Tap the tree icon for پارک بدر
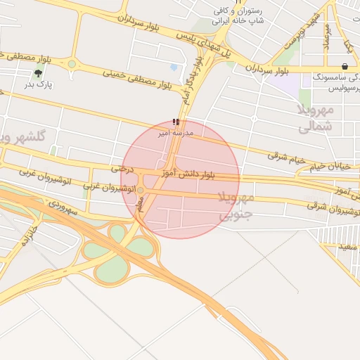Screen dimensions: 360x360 [38, 73]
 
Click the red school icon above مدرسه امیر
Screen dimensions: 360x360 [176, 122]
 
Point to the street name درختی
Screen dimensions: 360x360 [122, 169]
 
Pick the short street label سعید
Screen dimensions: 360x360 [348, 246]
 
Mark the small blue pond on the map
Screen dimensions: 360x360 [174, 67]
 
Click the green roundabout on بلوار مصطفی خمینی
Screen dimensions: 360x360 [72, 64]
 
